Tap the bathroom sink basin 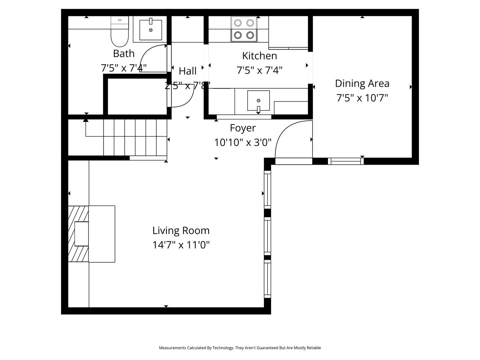tap(151, 30)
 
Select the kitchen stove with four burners tap(244, 29)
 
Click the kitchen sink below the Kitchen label tap(258, 100)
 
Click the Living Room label tap(181, 230)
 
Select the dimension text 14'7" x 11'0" tap(181, 245)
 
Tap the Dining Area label tap(362, 83)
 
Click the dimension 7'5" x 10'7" tap(362, 98)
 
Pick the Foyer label tap(243, 128)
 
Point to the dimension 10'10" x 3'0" tap(243, 143)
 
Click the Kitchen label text tap(259, 56)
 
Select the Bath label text tap(124, 53)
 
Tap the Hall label tap(188, 71)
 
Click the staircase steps tap(135, 137)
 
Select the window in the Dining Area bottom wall tap(346, 161)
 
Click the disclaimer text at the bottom tap(240, 348)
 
